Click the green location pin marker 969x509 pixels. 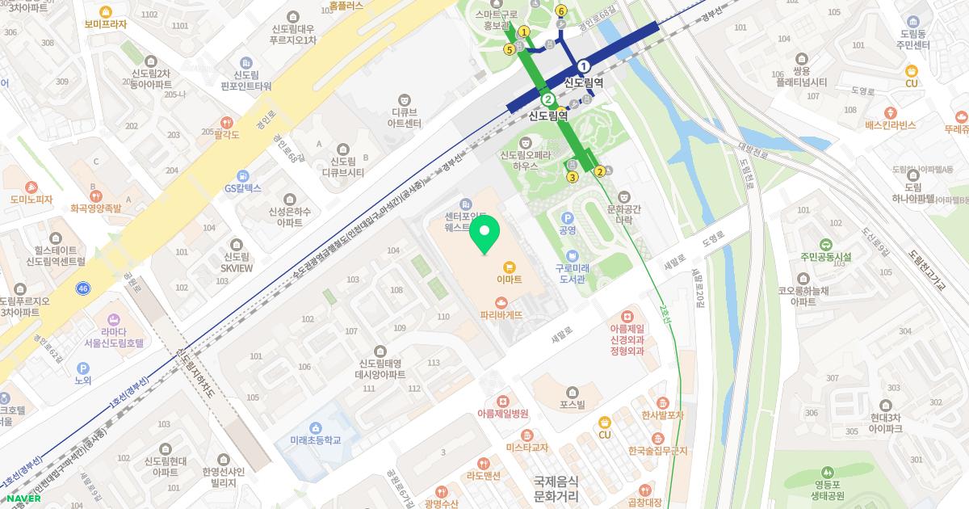(484, 234)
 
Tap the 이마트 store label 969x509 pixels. (509, 279)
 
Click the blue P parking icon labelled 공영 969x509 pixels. (567, 218)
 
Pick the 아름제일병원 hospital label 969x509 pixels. (502, 413)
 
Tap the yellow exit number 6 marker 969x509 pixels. (560, 11)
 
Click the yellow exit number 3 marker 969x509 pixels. (573, 177)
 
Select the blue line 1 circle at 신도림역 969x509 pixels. (584, 66)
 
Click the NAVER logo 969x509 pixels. (22, 498)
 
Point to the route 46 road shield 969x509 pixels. (84, 288)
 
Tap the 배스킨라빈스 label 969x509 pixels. (890, 125)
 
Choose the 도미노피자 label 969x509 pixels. (31, 199)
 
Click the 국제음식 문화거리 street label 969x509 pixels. (556, 487)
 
